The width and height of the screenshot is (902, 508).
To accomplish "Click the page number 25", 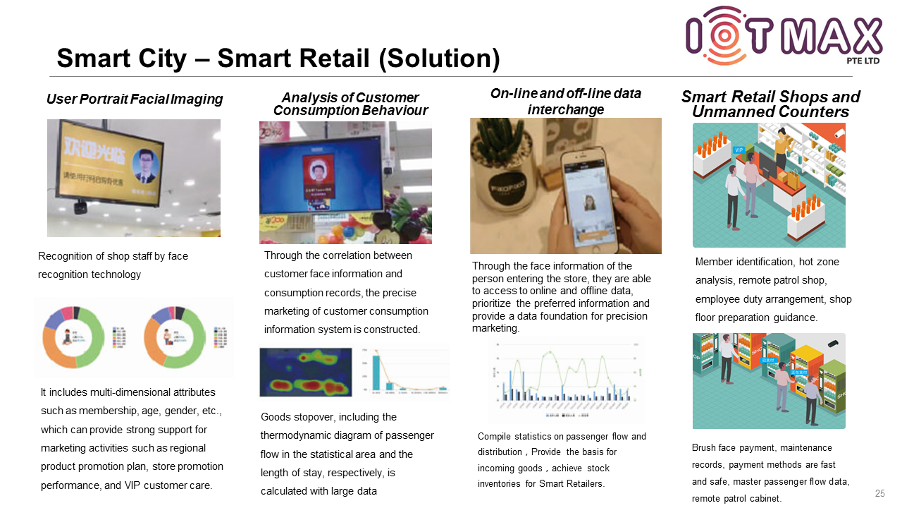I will click(x=879, y=493).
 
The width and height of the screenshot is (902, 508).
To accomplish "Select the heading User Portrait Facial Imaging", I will click(x=135, y=99).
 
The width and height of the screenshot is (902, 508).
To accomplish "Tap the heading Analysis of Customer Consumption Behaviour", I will click(x=350, y=104).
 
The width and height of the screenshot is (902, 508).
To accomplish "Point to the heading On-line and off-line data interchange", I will click(x=566, y=102).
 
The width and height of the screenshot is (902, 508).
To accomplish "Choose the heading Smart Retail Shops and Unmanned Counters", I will click(x=770, y=104).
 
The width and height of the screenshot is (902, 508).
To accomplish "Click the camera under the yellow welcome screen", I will click(x=80, y=207).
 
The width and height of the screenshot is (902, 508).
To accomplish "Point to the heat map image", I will click(x=305, y=371).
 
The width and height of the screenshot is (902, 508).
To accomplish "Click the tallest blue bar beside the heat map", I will click(x=376, y=372).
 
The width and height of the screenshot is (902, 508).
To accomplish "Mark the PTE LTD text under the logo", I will click(x=863, y=61).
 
